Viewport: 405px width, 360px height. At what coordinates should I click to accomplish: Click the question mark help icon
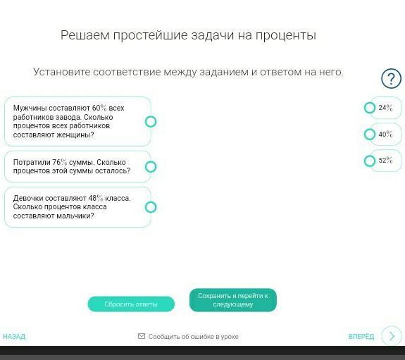[392, 78]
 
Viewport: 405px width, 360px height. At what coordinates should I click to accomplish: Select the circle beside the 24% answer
[370, 108]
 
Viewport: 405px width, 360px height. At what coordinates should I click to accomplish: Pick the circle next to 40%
[370, 135]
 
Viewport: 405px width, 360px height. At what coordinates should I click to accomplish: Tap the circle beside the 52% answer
[370, 161]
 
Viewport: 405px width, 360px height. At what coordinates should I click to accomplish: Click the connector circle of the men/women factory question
[151, 121]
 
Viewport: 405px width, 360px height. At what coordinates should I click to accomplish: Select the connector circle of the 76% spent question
[151, 167]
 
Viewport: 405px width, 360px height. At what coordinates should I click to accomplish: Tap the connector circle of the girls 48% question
[151, 207]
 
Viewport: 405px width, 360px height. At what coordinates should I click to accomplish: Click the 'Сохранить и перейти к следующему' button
[233, 300]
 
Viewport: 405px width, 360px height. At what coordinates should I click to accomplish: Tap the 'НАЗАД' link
[14, 336]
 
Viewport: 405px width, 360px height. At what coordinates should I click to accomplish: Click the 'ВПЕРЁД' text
[361, 336]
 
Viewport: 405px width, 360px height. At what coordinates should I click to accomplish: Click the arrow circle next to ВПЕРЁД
[392, 336]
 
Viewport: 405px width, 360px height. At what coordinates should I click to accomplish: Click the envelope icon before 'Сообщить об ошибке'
[142, 336]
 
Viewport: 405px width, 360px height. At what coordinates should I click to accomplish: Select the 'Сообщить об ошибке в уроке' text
[193, 337]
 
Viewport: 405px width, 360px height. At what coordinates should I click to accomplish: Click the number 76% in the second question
[60, 162]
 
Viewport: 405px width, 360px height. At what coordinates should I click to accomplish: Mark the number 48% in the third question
[96, 198]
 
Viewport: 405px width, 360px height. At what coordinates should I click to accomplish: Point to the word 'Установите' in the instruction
[62, 72]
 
